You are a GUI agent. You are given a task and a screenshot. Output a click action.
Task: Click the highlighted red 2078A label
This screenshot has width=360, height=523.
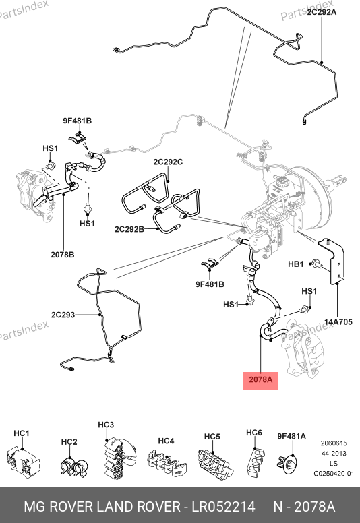(261, 379)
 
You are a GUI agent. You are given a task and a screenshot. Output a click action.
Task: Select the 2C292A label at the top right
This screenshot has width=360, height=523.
(322, 12)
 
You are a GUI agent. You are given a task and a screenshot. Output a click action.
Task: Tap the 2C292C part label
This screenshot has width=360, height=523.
(168, 162)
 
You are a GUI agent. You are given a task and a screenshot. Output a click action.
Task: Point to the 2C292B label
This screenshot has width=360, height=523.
(129, 229)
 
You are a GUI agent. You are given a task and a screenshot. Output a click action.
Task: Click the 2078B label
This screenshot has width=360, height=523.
(63, 255)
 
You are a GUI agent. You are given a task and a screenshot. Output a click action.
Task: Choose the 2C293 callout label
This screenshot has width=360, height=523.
(63, 315)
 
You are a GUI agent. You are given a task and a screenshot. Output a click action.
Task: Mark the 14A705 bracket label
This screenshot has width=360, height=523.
(338, 322)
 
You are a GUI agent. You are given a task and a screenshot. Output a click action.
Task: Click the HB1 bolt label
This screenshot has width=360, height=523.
(296, 264)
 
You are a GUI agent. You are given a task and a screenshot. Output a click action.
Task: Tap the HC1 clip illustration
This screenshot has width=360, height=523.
(23, 460)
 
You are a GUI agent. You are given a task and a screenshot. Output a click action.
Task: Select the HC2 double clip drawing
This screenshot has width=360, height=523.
(74, 466)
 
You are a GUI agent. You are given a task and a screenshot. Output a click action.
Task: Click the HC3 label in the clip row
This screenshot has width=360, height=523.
(106, 425)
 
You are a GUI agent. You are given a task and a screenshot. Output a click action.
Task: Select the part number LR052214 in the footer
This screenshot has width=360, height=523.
(223, 507)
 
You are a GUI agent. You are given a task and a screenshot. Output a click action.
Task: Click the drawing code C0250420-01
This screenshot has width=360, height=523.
(334, 474)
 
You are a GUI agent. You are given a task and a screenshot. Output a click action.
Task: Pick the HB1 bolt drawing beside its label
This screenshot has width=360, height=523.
(317, 265)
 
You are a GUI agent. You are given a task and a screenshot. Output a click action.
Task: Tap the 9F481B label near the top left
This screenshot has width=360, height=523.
(77, 121)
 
